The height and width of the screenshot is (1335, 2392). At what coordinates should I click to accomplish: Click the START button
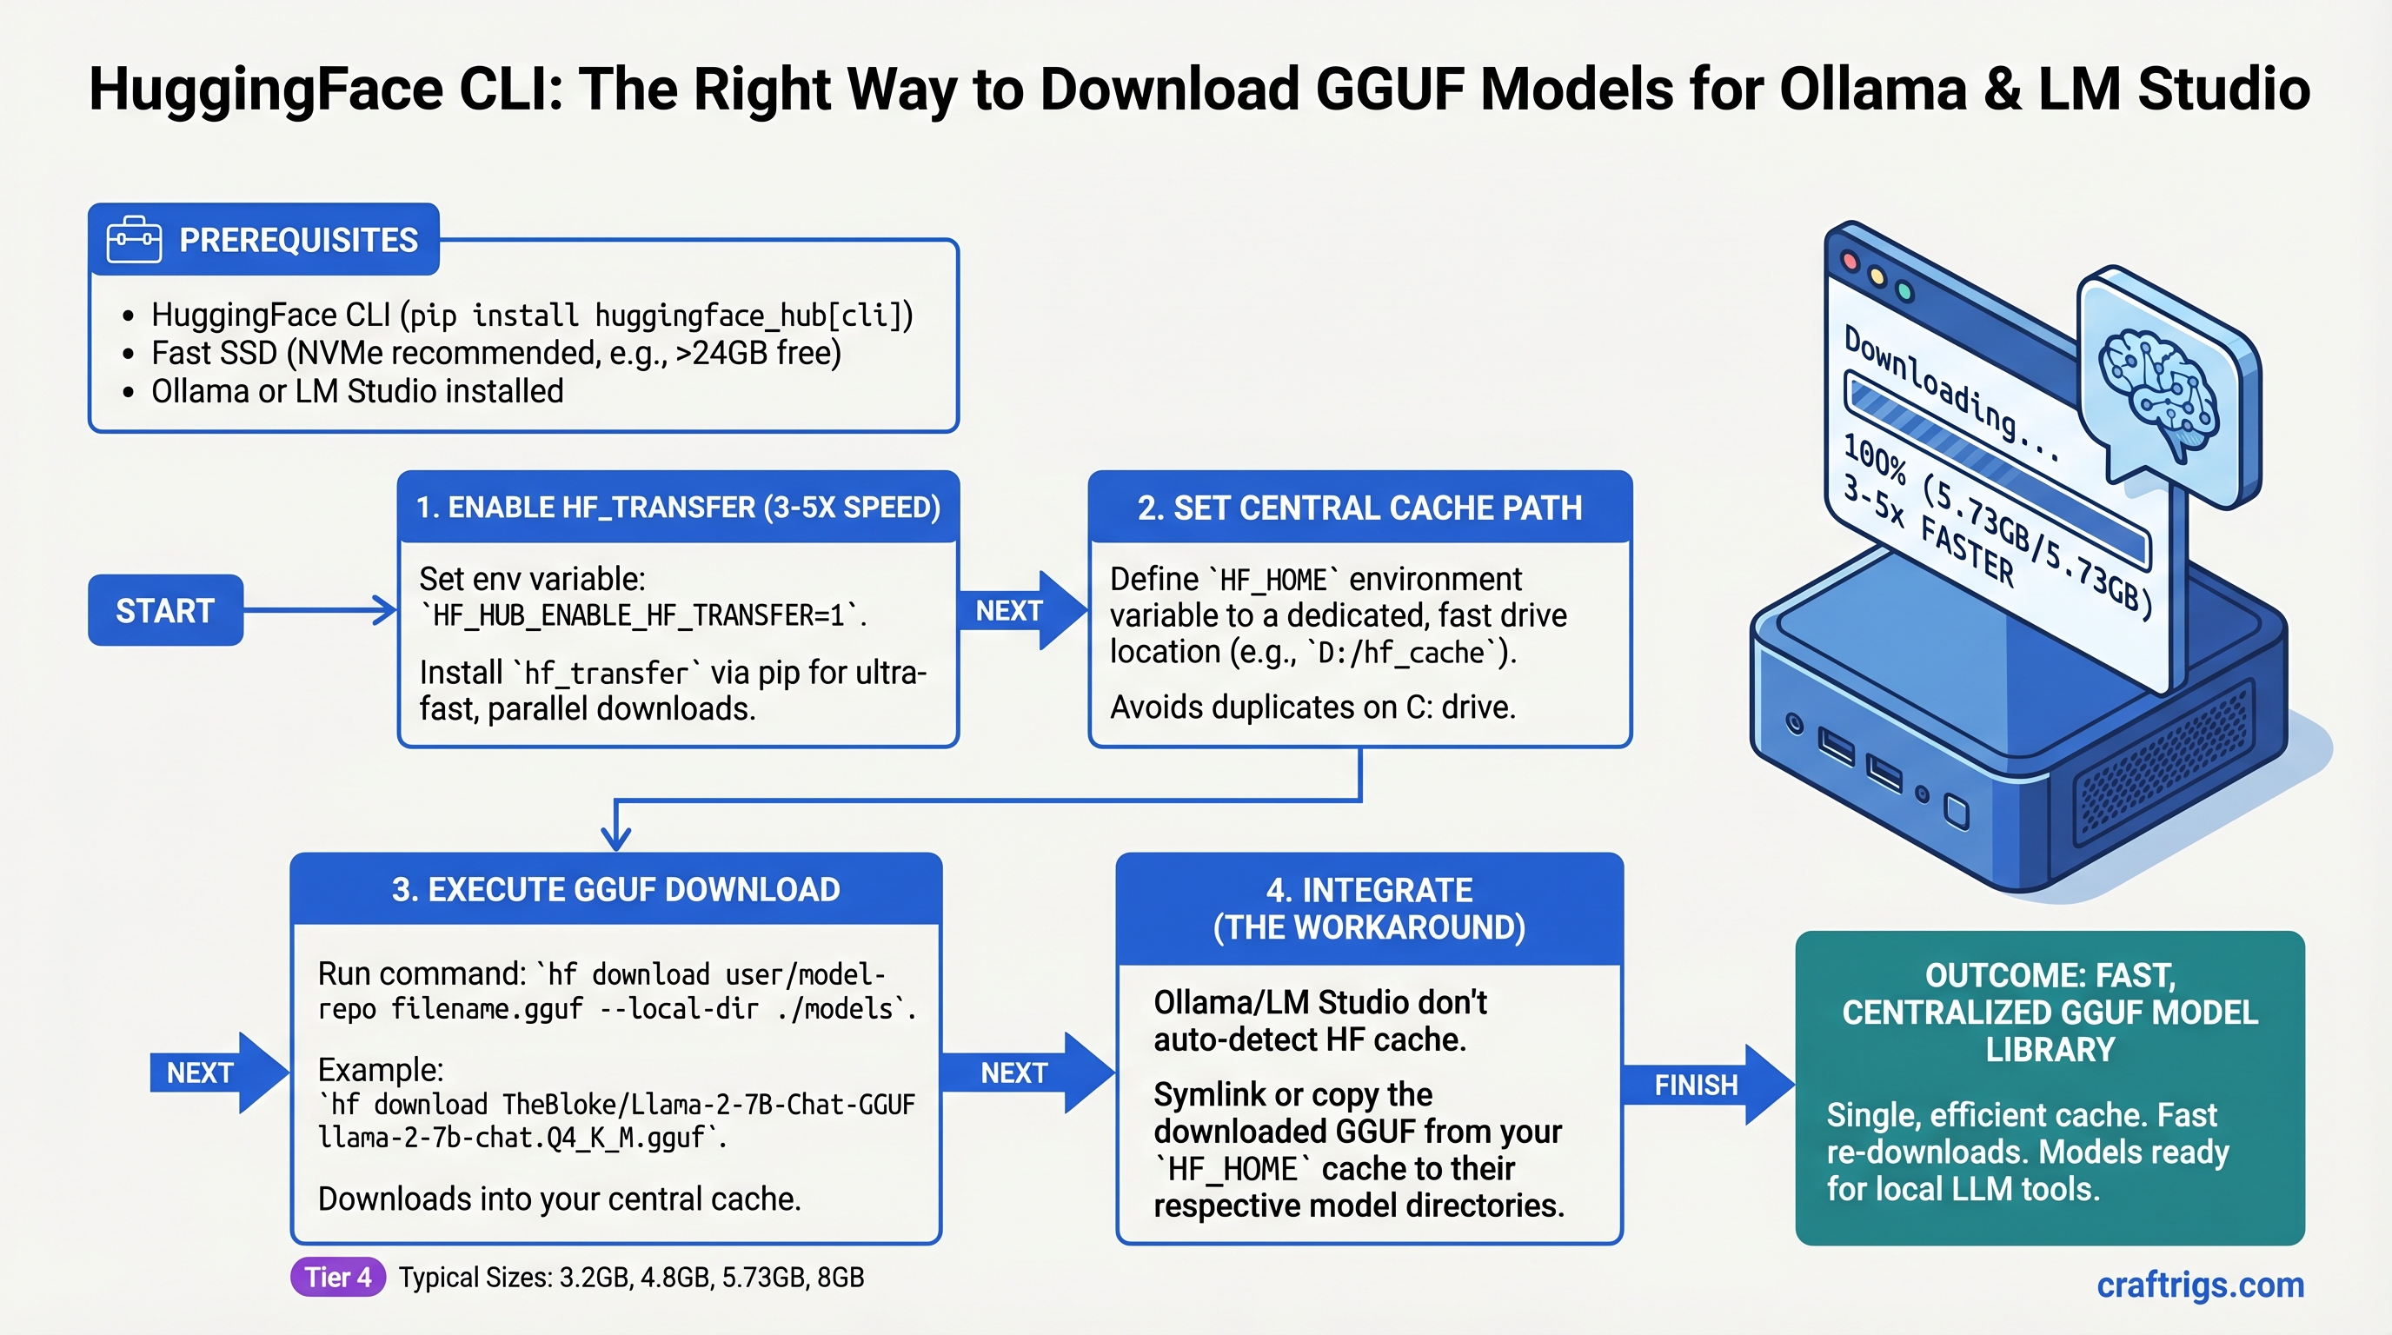pyautogui.click(x=165, y=610)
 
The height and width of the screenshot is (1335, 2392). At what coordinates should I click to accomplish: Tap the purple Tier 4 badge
pyautogui.click(x=338, y=1278)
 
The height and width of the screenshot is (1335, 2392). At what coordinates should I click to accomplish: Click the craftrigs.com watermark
pyautogui.click(x=2200, y=1285)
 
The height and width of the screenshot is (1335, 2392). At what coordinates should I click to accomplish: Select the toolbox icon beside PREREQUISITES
pyautogui.click(x=134, y=240)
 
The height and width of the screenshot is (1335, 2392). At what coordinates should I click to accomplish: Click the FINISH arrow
pyautogui.click(x=1704, y=1085)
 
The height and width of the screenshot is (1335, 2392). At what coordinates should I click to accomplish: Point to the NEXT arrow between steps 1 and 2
pyautogui.click(x=1020, y=610)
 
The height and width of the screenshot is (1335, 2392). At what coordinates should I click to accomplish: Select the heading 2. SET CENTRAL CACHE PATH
pyautogui.click(x=1359, y=508)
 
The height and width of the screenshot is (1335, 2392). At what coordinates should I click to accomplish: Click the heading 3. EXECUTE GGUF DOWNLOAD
pyautogui.click(x=615, y=889)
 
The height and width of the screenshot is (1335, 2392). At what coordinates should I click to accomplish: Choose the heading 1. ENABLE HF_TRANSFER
pyautogui.click(x=678, y=508)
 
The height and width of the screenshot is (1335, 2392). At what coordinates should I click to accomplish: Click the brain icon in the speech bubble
pyautogui.click(x=2159, y=390)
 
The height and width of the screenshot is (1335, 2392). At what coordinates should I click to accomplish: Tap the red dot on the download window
pyautogui.click(x=1850, y=261)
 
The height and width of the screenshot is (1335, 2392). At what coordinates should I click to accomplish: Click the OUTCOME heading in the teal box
pyautogui.click(x=2050, y=1012)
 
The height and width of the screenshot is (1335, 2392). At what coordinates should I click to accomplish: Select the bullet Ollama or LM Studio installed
pyautogui.click(x=356, y=392)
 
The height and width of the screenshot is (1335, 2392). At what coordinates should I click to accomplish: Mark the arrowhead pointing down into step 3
pyautogui.click(x=615, y=839)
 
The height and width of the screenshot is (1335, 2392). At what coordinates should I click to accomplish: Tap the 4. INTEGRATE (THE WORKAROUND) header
pyautogui.click(x=1369, y=909)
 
